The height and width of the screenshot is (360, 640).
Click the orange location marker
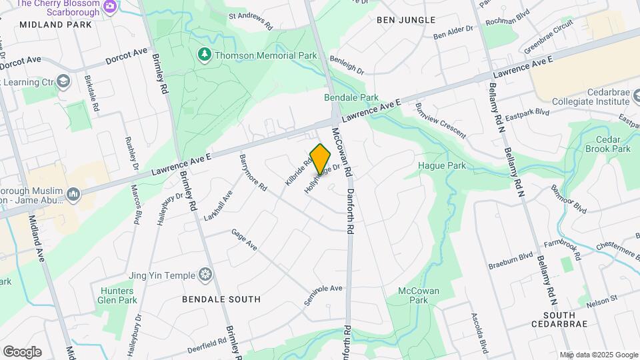click(321, 159)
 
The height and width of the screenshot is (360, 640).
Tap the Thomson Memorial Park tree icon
click(205, 53)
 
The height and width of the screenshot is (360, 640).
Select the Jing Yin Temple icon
click(205, 275)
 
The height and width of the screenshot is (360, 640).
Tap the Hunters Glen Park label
click(119, 295)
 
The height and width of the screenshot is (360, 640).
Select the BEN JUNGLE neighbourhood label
click(406, 20)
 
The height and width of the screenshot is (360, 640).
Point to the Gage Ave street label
click(244, 240)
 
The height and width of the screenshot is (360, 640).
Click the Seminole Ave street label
click(323, 294)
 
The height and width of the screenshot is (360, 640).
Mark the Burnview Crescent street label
click(440, 120)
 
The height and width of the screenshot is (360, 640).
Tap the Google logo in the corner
click(22, 351)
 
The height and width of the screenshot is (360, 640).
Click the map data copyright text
click(598, 355)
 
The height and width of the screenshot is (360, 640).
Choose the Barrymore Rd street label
click(253, 175)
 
